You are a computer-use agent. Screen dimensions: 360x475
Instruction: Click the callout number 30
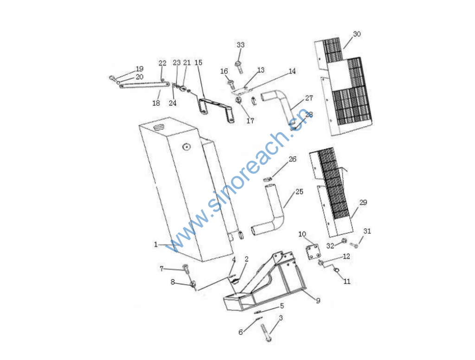[x=357, y=34]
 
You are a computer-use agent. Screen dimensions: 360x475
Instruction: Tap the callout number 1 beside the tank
[x=156, y=244]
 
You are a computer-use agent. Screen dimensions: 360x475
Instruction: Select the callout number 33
[x=240, y=45]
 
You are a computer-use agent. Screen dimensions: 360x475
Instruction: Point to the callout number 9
[x=318, y=301]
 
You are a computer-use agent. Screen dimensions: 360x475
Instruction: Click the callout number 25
[x=299, y=192]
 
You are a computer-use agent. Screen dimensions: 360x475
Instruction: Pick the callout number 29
[x=363, y=202]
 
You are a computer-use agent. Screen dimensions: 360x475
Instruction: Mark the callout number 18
[x=156, y=103]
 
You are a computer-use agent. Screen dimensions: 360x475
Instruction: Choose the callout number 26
[x=292, y=159]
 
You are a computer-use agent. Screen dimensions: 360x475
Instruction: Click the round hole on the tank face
[x=187, y=147]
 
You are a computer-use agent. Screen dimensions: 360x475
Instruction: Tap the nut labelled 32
[x=344, y=241]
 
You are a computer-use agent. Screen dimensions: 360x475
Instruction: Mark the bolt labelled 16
[x=230, y=84]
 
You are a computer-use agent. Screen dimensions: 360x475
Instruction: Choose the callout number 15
[x=198, y=62]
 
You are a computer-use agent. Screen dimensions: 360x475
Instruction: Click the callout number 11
[x=347, y=281]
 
